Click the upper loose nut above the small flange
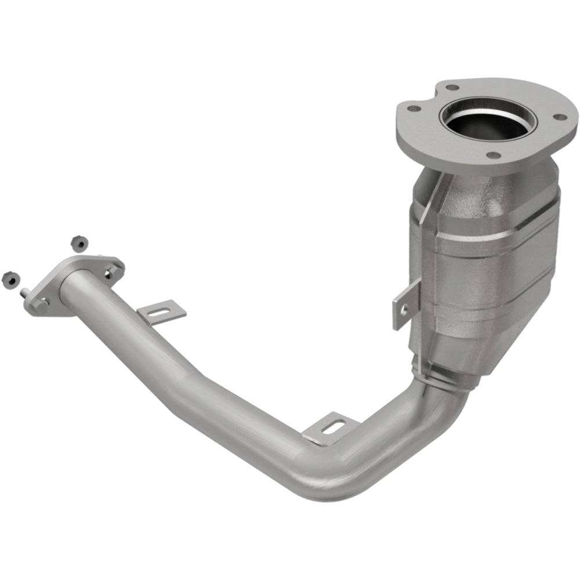coord(75,242)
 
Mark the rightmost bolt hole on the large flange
coord(560,118)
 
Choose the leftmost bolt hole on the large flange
coord(412,108)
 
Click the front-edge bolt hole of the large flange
coord(492,155)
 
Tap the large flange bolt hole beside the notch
coord(452,88)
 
